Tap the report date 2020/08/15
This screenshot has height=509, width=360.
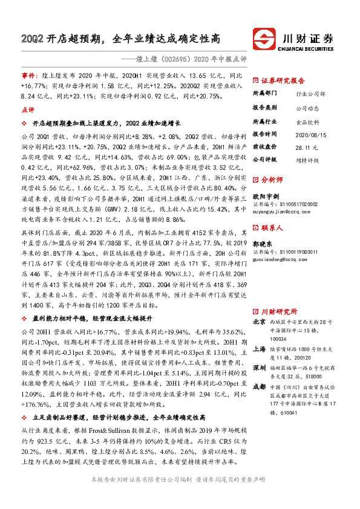[309, 133]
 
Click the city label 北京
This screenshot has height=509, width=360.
[258, 322]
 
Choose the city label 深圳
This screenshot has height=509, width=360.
[258, 368]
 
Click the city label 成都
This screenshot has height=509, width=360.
[258, 386]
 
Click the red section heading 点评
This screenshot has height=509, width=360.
[28, 110]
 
